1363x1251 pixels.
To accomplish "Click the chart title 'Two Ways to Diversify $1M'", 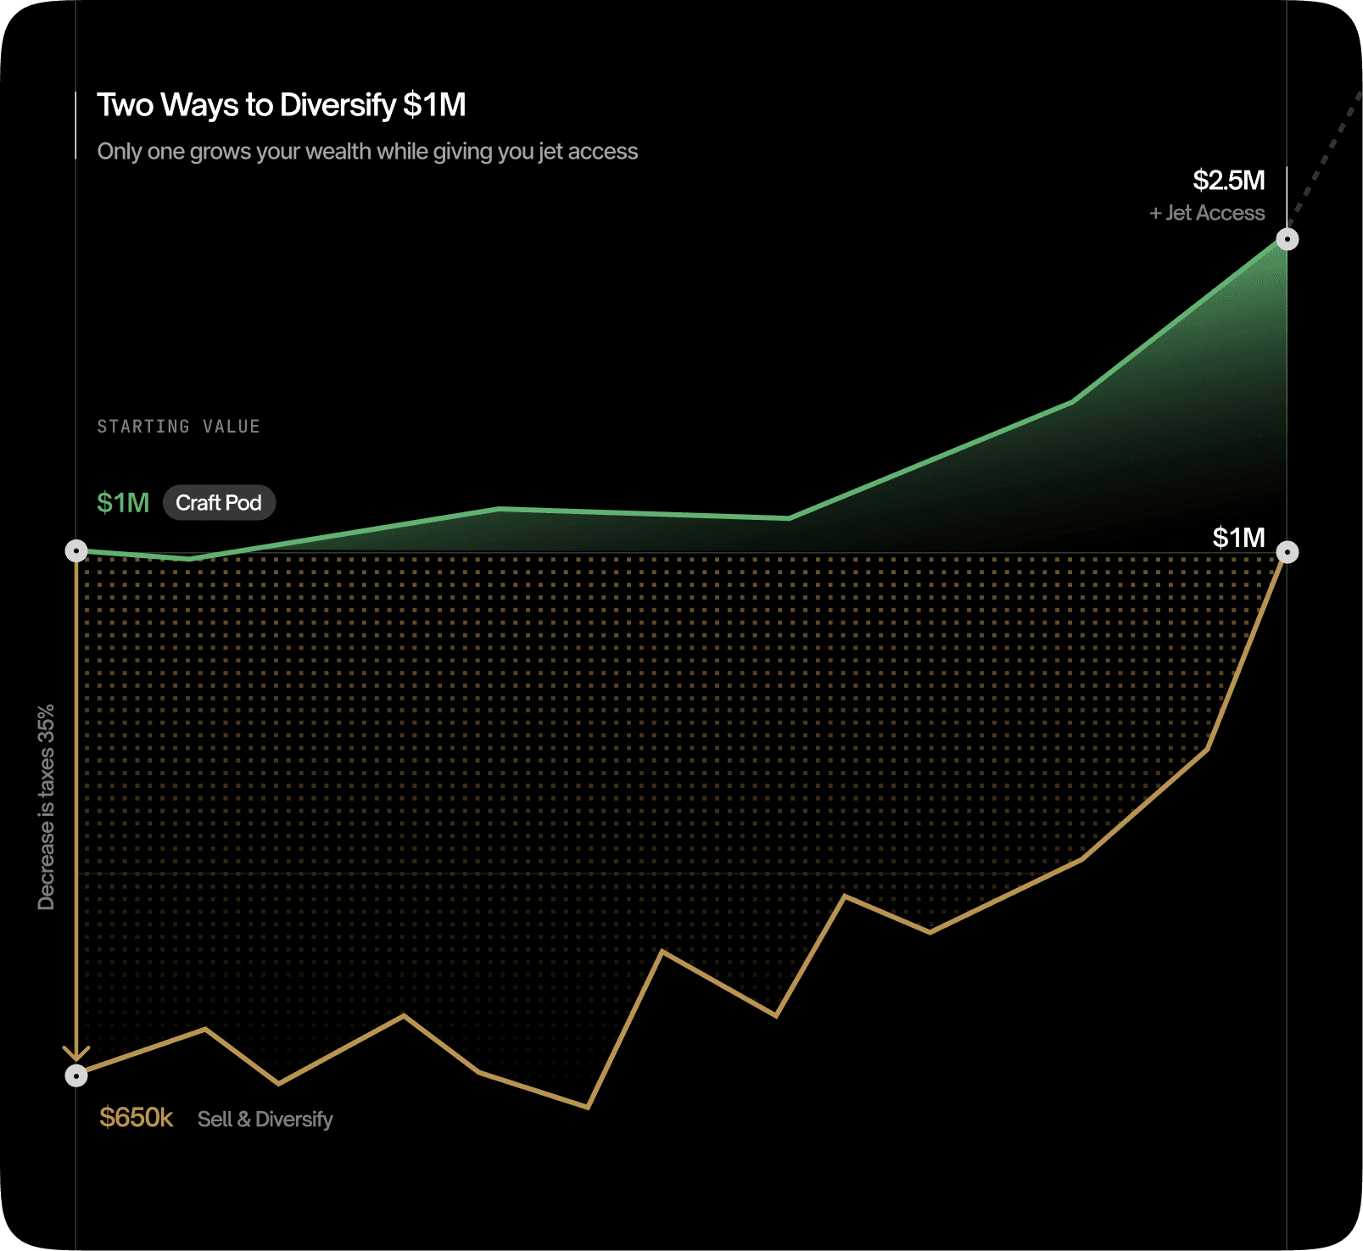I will point(281,105).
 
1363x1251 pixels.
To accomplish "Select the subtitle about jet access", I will point(367,152).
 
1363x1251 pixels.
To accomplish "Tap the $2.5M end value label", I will point(1228,181).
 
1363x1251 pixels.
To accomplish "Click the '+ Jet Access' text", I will point(1207,213).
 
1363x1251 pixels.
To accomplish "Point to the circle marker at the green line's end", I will point(1287,240).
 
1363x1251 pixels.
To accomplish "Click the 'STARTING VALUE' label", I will point(178,427).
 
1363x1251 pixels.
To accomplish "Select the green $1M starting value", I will point(123,503).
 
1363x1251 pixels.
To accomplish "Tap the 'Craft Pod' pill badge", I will point(219,503).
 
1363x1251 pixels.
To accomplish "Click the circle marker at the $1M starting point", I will point(76,551).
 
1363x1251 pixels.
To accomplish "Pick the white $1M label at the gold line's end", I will point(1238,538).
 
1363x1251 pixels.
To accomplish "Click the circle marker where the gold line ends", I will point(1287,553).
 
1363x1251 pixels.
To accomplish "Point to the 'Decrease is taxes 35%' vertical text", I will point(46,807).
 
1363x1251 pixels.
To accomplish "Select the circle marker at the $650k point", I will point(76,1076).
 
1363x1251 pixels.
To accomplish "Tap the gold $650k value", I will point(136,1118).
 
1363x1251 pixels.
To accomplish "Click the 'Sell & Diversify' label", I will point(265,1120).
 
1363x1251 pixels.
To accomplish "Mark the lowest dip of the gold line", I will point(588,1107).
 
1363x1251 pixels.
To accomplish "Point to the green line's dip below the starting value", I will point(191,559).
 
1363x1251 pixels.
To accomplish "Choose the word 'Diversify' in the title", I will point(338,105).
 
